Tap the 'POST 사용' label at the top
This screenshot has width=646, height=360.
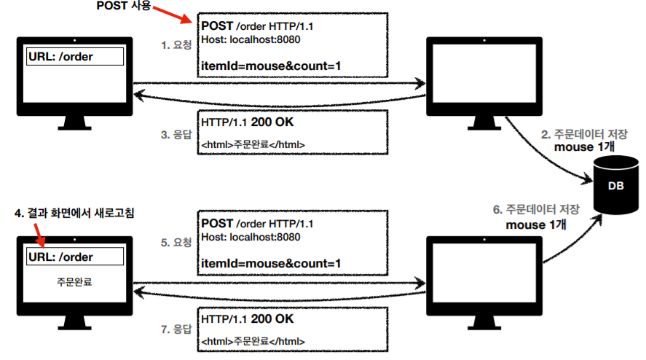click(122, 6)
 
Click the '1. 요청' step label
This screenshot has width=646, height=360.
click(176, 44)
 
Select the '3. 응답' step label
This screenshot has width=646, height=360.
click(176, 134)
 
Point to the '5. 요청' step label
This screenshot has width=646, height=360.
click(176, 242)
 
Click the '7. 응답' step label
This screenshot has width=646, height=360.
click(176, 329)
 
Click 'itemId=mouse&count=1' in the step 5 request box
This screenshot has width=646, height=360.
click(271, 263)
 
